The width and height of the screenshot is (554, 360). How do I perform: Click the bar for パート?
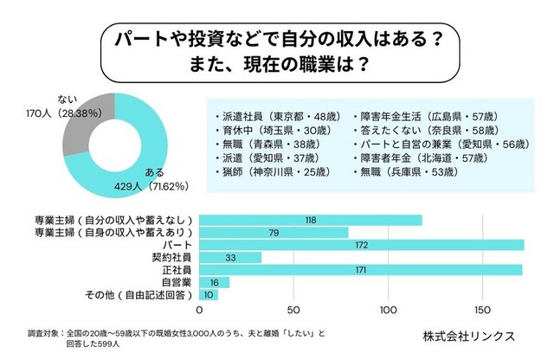362,245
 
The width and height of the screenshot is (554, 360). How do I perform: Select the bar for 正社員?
361,270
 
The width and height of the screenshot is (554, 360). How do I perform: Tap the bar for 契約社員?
230,258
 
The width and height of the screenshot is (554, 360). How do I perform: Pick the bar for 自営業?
215,282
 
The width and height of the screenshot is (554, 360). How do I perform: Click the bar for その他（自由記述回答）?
209,295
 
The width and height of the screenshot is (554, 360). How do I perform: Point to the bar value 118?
310,221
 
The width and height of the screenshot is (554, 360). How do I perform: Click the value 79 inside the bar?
274,233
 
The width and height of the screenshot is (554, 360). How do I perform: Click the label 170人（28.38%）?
68,112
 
